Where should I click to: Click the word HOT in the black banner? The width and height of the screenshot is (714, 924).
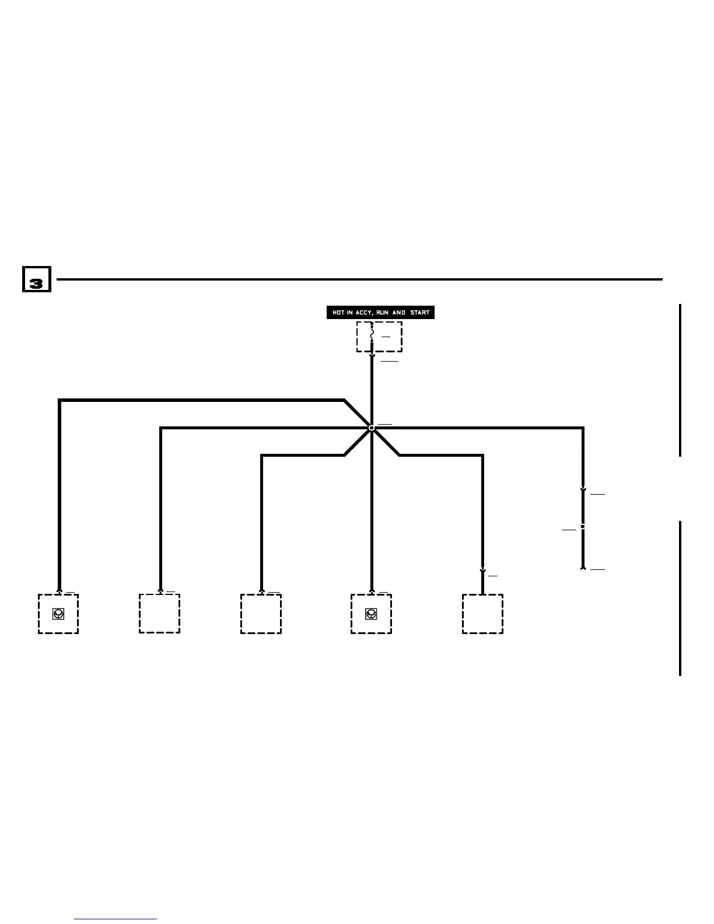click(x=338, y=313)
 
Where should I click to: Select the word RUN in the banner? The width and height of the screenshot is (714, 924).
click(x=383, y=313)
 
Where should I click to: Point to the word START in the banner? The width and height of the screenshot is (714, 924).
click(x=419, y=313)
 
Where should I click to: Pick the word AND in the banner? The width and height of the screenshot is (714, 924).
click(x=399, y=313)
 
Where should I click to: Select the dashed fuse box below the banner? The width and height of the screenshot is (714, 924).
click(x=380, y=337)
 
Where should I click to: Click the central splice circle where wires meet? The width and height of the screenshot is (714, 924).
click(x=372, y=428)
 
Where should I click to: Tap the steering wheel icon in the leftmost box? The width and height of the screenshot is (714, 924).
click(x=58, y=614)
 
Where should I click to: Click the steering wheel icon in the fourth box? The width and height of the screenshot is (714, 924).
click(x=371, y=614)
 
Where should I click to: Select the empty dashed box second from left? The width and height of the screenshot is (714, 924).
click(x=159, y=614)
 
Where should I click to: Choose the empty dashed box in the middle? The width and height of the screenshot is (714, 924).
click(x=261, y=614)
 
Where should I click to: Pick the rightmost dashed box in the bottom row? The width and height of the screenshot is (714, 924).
click(x=482, y=614)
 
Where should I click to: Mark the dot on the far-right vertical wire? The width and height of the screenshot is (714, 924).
click(x=583, y=527)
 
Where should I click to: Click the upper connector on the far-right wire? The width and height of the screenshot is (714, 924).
click(x=583, y=491)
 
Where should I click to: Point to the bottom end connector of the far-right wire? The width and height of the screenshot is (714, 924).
click(x=583, y=567)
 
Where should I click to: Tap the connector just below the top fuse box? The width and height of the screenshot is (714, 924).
click(x=372, y=356)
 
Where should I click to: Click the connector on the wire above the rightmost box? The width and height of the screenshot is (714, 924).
click(x=482, y=572)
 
